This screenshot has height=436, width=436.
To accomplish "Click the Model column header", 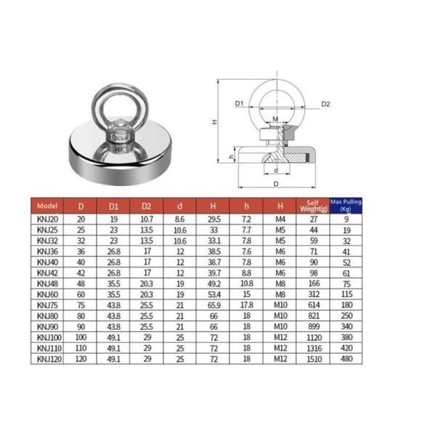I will [48, 206].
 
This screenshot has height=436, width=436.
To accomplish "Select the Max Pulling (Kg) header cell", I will [345, 206].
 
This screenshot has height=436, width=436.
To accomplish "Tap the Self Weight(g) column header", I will [313, 206].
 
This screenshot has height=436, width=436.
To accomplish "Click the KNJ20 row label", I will [47, 217].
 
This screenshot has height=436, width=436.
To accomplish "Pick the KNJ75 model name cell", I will [47, 306].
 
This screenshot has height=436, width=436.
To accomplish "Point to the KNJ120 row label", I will [47, 360].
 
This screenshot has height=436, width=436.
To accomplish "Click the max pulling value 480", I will [345, 360].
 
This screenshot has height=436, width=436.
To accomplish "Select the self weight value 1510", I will [313, 360].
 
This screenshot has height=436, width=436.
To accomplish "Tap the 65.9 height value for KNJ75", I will [214, 306].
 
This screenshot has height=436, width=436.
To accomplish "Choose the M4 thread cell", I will [280, 217].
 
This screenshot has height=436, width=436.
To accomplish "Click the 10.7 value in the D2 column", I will [146, 217].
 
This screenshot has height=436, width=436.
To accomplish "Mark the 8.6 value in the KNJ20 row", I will [180, 217].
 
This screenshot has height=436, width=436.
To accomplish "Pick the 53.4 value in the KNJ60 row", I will [214, 295].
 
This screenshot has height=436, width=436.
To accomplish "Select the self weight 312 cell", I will [313, 295].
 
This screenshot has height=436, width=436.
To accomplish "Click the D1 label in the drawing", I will [239, 104].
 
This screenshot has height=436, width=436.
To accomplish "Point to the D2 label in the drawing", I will [326, 104].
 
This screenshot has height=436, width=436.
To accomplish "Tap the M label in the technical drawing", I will [275, 118].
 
